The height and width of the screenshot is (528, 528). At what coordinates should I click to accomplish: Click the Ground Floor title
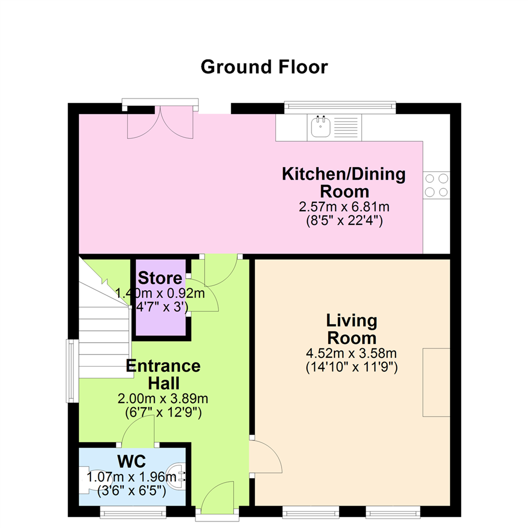pyautogui.click(x=264, y=67)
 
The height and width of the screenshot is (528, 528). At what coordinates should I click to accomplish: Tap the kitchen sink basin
pyautogui.click(x=320, y=127)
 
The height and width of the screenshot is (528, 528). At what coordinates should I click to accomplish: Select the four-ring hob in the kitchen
pyautogui.click(x=437, y=185)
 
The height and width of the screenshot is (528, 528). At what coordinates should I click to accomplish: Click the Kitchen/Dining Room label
pyautogui.click(x=344, y=182)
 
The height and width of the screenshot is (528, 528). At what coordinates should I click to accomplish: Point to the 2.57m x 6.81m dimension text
pyautogui.click(x=344, y=206)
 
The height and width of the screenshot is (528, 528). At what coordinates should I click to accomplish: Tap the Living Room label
pyautogui.click(x=352, y=329)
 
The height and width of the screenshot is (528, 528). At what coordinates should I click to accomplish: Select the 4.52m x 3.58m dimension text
pyautogui.click(x=351, y=353)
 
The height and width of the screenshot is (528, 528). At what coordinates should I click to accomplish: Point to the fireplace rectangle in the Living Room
pyautogui.click(x=437, y=382)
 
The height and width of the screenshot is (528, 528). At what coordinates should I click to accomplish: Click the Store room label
pyautogui.click(x=160, y=278)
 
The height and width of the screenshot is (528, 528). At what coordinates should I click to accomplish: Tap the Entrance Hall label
pyautogui.click(x=163, y=374)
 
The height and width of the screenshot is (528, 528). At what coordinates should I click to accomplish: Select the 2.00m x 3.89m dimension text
pyautogui.click(x=163, y=399)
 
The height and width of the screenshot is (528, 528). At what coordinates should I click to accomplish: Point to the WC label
pyautogui.click(x=132, y=462)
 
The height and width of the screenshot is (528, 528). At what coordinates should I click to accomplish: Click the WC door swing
pyautogui.click(x=138, y=431)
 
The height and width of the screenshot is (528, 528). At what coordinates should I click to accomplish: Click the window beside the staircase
pyautogui.click(x=72, y=371)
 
